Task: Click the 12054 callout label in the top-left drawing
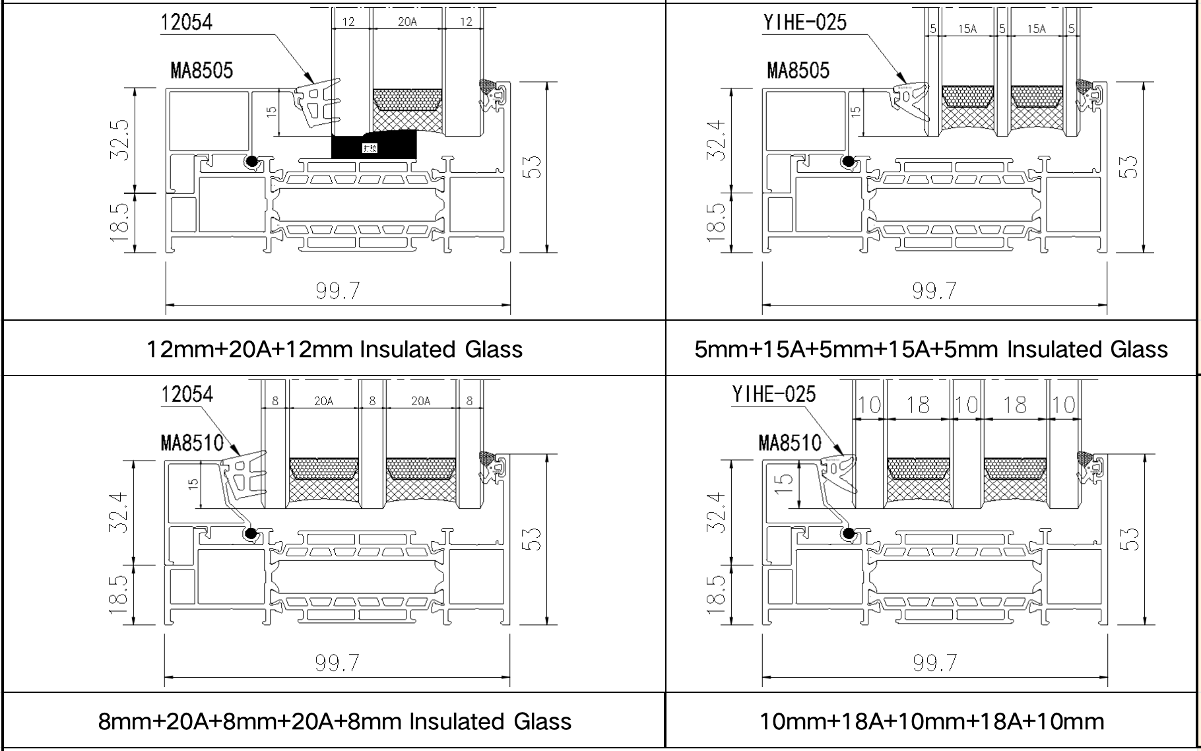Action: pos(187,22)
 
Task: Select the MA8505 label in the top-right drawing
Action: pos(798,71)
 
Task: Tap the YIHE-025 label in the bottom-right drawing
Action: pos(774,395)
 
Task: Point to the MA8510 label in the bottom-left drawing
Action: pos(192,443)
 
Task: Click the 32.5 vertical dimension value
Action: pos(119,140)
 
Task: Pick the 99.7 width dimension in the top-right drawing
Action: pos(934,290)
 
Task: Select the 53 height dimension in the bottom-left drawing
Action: pos(534,539)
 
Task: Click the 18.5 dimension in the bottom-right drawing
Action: pos(717,593)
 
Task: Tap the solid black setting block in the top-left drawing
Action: pos(373,147)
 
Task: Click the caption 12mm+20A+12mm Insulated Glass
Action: pos(335,349)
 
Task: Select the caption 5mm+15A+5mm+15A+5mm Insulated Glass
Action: pos(931,349)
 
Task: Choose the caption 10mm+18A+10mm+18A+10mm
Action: pos(932,721)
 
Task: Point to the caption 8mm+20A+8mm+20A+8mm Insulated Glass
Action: pos(335,721)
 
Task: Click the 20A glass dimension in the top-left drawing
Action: pos(407,22)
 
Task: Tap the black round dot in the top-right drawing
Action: pos(848,161)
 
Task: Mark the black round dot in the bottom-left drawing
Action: pos(251,533)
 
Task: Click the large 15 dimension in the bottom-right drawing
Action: pos(784,480)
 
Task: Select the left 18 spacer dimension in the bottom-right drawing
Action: pos(918,405)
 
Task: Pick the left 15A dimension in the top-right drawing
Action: pos(967,28)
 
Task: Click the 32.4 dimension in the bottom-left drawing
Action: pos(119,513)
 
